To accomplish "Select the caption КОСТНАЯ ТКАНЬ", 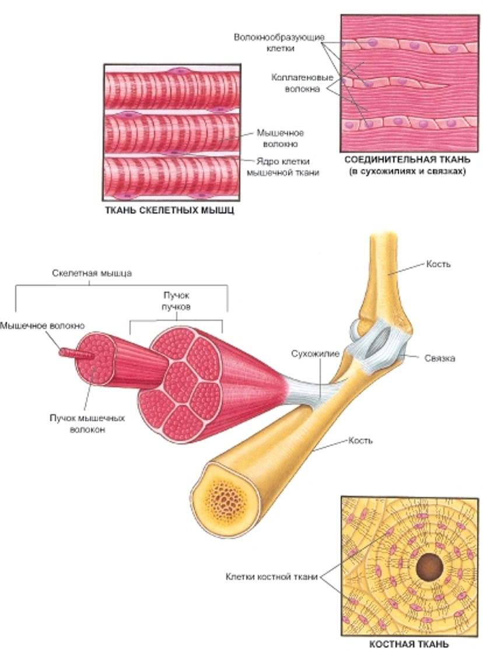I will (x=410, y=644).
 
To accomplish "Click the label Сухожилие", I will (x=313, y=353).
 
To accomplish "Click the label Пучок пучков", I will (x=176, y=302).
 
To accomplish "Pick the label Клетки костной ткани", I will (x=272, y=577).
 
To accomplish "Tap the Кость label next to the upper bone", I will (x=439, y=264).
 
